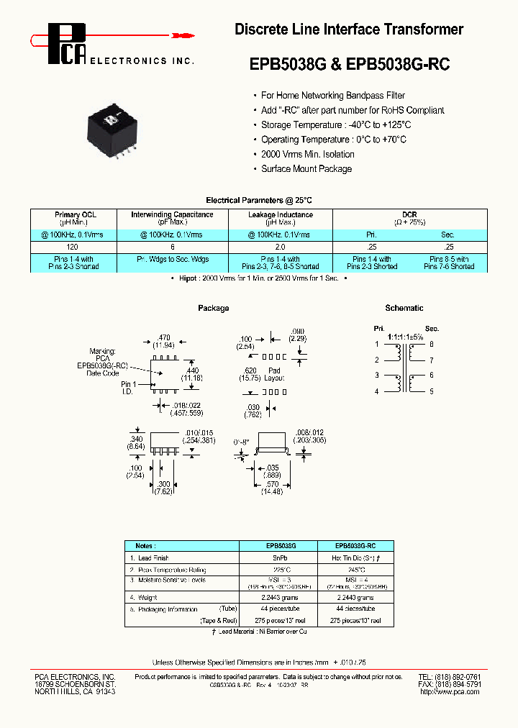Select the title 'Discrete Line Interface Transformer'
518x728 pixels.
(349, 29)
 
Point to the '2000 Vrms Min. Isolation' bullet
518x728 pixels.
(307, 154)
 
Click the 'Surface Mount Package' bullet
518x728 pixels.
(306, 169)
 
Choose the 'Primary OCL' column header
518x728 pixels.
(76, 214)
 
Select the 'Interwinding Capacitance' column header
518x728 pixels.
(172, 214)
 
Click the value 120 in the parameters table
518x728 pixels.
(76, 246)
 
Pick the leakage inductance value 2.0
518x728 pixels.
(281, 246)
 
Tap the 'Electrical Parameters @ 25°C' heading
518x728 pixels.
(259, 200)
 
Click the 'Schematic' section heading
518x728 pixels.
(404, 308)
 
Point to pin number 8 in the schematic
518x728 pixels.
(432, 344)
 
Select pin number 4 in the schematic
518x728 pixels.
(376, 391)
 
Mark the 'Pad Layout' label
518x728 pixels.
(274, 373)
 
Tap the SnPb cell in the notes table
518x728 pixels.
(278, 558)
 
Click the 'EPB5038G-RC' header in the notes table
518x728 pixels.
(356, 546)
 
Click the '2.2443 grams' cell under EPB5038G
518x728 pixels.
(278, 598)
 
